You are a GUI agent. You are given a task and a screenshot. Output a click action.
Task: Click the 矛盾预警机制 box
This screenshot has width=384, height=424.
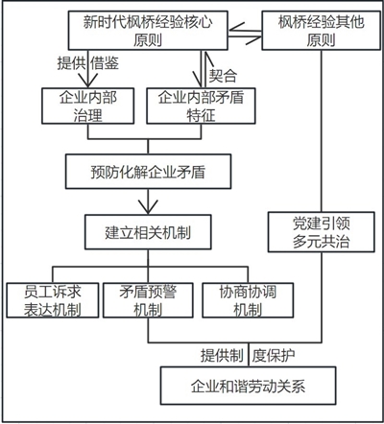(148, 300)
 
